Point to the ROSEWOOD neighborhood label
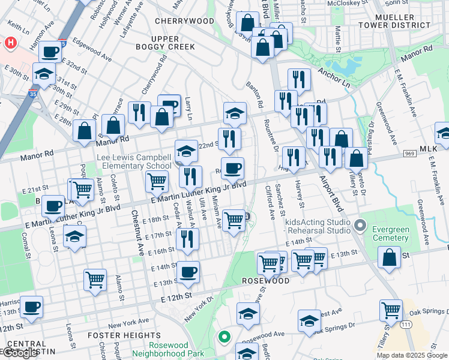(266, 281)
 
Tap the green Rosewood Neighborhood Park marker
(224, 337)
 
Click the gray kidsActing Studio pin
(360, 226)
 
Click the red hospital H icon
(10, 43)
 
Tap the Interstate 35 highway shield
(32, 94)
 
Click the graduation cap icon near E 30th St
(44, 74)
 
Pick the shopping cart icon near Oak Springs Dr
(391, 310)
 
